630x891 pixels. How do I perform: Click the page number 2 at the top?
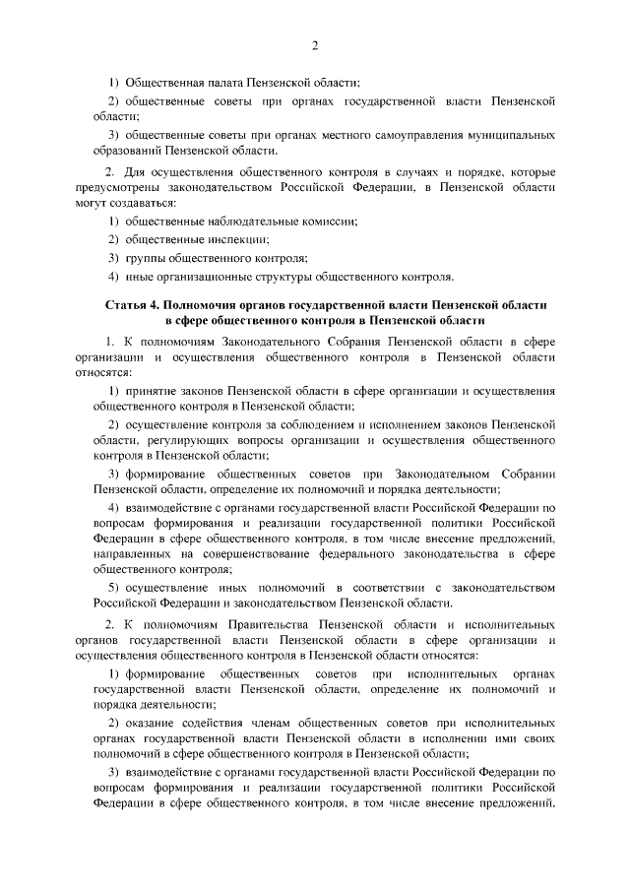[314, 45]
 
